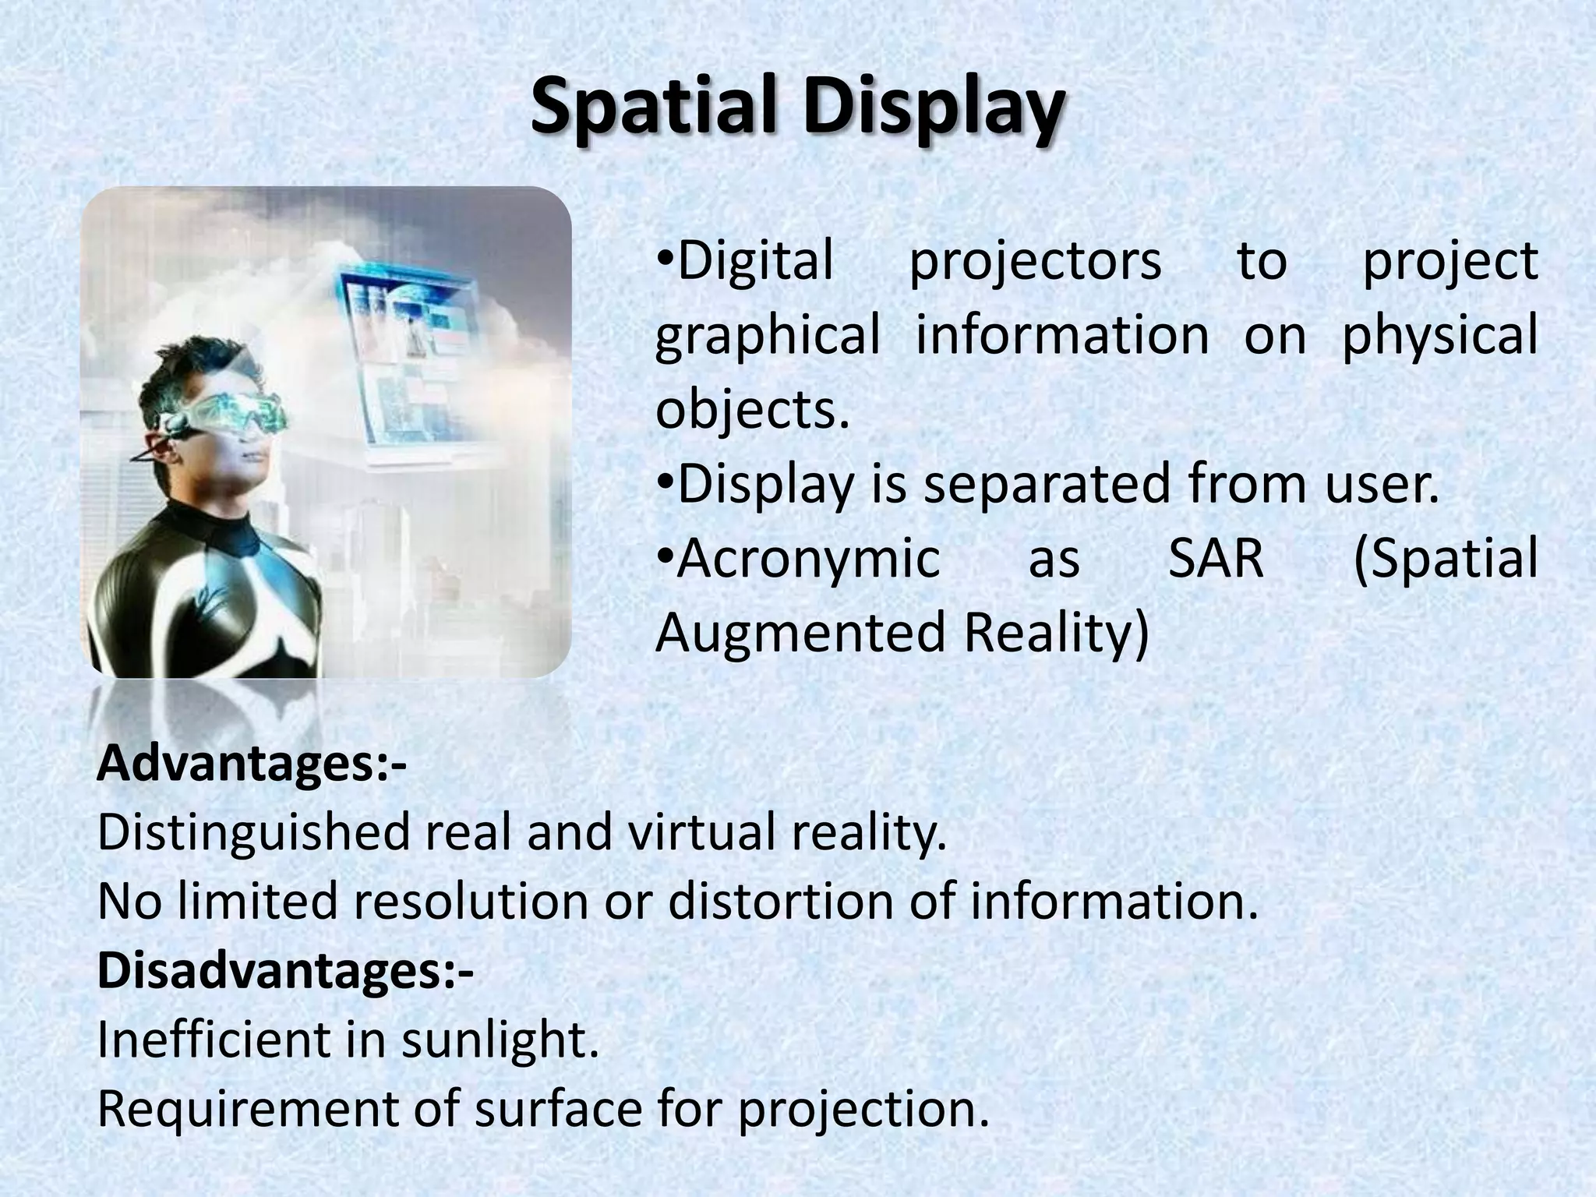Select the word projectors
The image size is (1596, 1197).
[x=1035, y=263]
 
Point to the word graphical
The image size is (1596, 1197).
[x=767, y=335]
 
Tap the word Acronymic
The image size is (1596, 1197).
[x=808, y=558]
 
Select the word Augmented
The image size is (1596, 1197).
[x=800, y=632]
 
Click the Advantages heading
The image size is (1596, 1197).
[x=251, y=765]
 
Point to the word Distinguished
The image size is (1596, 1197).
[x=252, y=833]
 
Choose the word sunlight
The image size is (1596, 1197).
[x=499, y=1040]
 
